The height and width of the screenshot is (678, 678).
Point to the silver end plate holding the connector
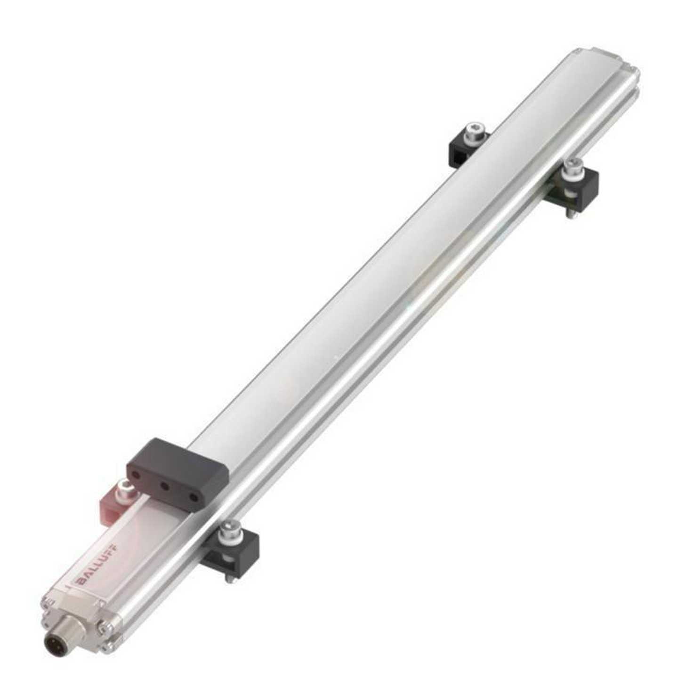point(71,621)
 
